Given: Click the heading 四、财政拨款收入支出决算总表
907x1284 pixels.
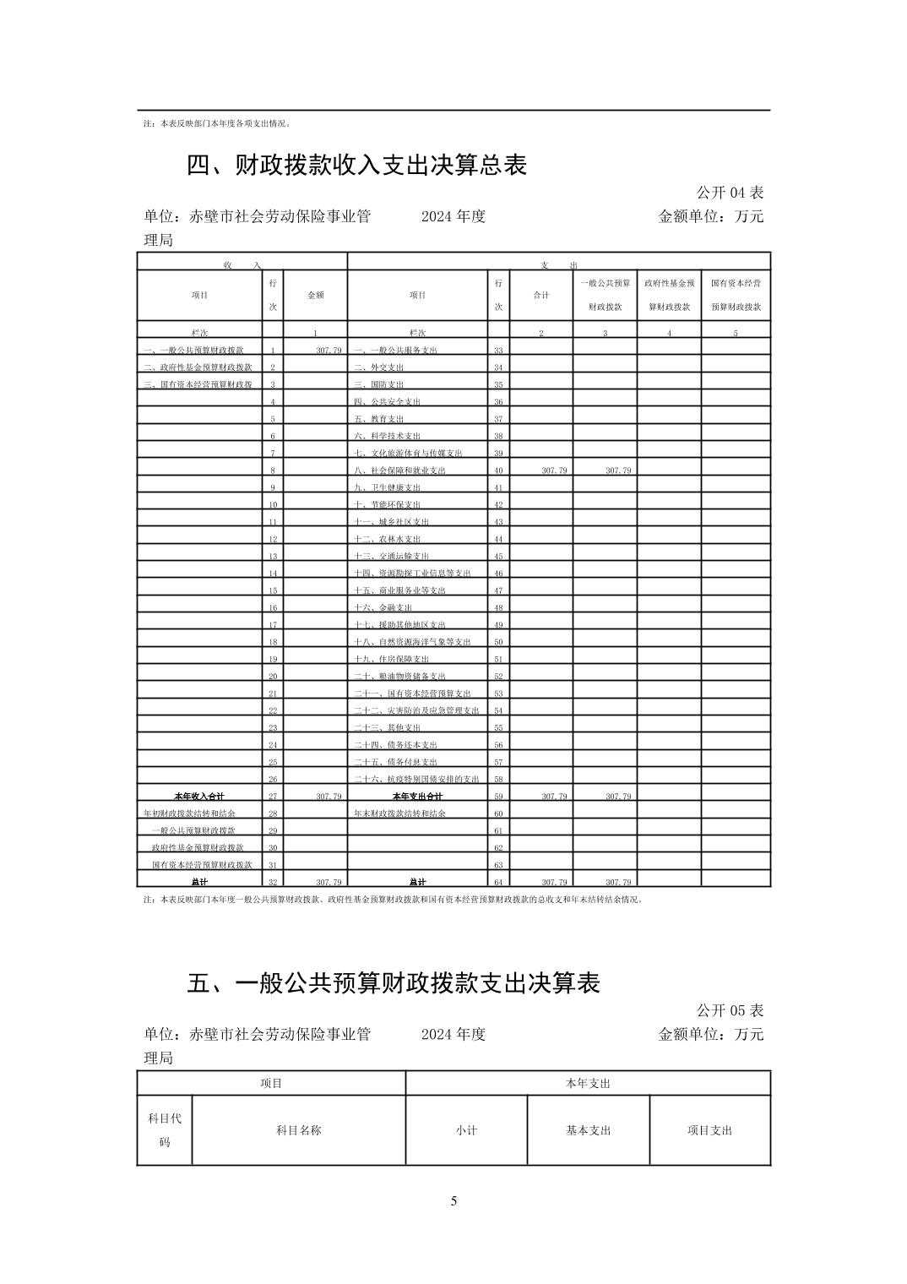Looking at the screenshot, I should tap(356, 165).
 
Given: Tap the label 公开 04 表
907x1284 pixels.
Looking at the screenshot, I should tap(730, 193).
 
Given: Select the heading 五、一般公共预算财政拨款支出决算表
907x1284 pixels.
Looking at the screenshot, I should tap(394, 982).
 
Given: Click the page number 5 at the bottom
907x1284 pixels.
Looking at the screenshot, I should tap(453, 1200).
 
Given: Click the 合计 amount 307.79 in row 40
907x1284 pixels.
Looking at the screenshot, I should tap(554, 471).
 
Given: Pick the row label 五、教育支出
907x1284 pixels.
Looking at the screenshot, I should tap(378, 419).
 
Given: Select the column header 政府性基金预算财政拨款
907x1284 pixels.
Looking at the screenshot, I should tap(669, 295).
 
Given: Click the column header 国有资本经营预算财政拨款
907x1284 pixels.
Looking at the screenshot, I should tap(736, 295).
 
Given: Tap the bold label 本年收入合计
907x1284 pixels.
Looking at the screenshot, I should tap(199, 797).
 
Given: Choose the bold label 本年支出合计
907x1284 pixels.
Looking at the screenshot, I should tap(417, 797).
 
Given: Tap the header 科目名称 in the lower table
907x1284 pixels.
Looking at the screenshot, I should tap(298, 1130).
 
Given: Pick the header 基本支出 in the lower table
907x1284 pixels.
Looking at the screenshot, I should tap(588, 1130).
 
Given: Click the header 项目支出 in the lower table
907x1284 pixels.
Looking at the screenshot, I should tap(709, 1130).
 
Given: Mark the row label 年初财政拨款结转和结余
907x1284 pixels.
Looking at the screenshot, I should tap(189, 813).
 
